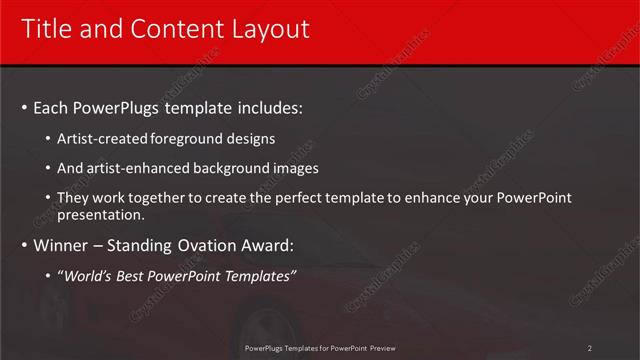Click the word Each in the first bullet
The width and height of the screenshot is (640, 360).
(x=51, y=107)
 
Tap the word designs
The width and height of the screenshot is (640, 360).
(x=250, y=138)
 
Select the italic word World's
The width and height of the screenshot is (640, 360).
(x=96, y=276)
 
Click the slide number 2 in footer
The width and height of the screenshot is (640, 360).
(x=590, y=348)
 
